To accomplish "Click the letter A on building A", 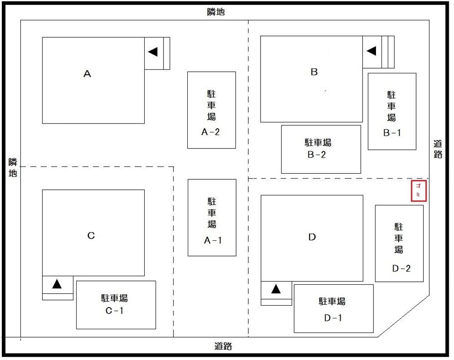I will (87, 74).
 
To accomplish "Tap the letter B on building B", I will (314, 72).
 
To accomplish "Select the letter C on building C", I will (91, 236).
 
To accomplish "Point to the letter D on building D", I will (312, 237).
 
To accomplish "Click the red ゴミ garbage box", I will (419, 191).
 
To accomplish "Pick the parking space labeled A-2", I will (211, 110).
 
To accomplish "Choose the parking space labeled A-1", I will (212, 218).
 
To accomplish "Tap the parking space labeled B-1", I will (392, 112).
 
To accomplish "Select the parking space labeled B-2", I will (321, 149).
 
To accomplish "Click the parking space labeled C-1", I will (116, 305).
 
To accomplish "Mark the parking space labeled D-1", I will (333, 308).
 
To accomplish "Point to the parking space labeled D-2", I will (399, 243).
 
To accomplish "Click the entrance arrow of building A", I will (152, 52).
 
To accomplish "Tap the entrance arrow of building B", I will (371, 50).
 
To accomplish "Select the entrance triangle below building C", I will (57, 284).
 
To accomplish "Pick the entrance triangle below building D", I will (276, 288).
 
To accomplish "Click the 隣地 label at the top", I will (216, 12).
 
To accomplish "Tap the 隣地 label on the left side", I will (13, 168).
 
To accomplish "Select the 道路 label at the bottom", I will (223, 346).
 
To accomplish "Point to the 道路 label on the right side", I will (438, 149).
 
